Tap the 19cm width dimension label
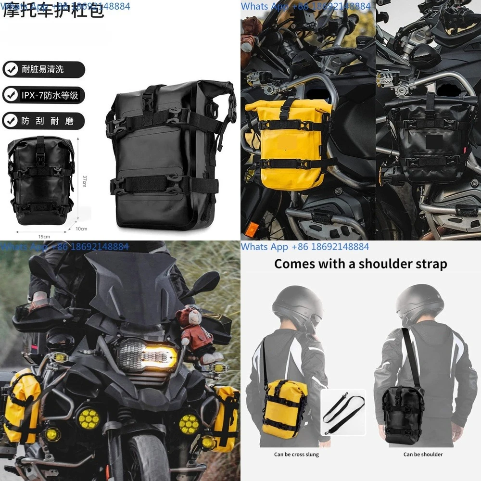[44, 236]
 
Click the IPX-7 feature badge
[43, 95]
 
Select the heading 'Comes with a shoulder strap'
[361, 264]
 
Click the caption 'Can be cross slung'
[296, 454]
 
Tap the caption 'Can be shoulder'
[423, 454]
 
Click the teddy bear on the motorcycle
[195, 332]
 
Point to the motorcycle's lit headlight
[147, 356]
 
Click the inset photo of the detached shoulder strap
[343, 412]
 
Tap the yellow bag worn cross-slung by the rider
[285, 408]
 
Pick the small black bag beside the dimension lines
[40, 180]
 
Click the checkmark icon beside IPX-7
[11, 95]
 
